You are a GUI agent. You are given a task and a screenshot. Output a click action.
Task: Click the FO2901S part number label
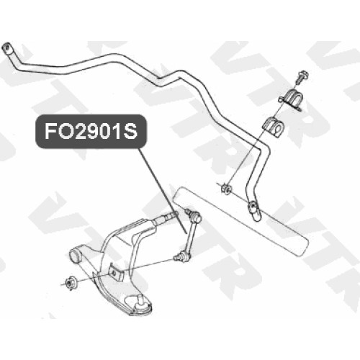coord(91,131)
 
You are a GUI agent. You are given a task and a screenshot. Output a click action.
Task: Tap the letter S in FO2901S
coord(130,132)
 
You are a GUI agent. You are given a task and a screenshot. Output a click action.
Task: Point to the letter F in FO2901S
coord(50,132)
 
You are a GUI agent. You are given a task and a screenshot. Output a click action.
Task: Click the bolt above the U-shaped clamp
coord(302,76)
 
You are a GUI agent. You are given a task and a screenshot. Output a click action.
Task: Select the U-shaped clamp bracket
coord(292,99)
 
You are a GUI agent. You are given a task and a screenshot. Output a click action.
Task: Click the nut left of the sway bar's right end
coord(225,189)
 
